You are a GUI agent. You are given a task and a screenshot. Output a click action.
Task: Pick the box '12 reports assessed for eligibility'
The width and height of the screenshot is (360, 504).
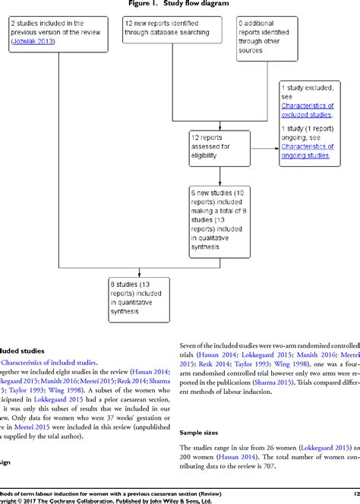pyautogui.click(x=219, y=147)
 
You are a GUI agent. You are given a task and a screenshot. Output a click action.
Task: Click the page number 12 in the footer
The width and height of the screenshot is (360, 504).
pyautogui.click(x=355, y=492)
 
